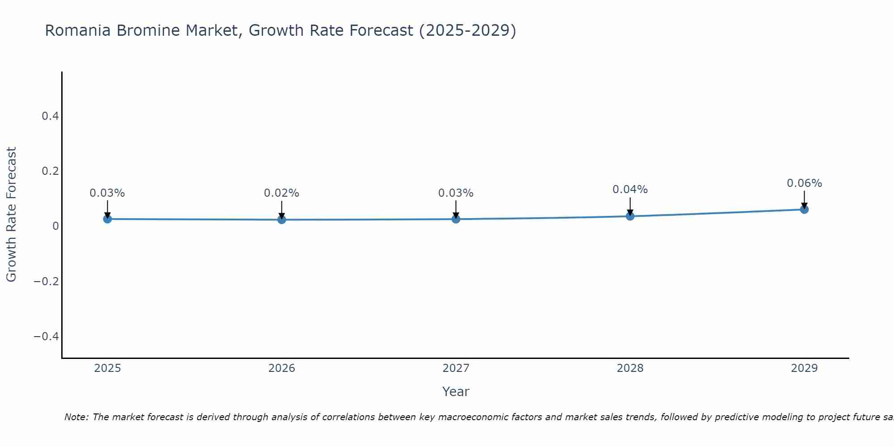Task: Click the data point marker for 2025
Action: [107, 219]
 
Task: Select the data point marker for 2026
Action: [282, 219]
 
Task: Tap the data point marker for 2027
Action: [456, 219]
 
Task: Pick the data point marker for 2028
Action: [630, 216]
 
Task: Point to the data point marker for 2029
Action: [804, 209]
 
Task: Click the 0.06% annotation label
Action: [804, 183]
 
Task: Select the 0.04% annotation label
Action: [630, 190]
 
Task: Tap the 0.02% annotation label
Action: [282, 193]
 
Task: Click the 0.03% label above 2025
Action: [107, 193]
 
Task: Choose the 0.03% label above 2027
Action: [455, 193]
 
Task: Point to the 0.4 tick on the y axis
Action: [50, 116]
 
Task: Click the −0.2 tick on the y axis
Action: [46, 281]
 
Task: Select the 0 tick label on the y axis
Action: [55, 226]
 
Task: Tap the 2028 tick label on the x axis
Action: [630, 368]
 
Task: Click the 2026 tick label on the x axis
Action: [282, 368]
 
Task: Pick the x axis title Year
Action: [455, 392]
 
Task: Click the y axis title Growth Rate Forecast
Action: [11, 215]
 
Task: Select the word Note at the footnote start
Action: [76, 417]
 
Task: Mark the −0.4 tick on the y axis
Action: [46, 336]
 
